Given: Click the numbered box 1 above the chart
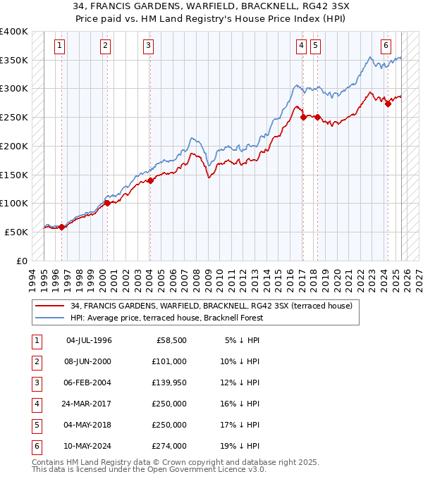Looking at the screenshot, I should click(59, 46).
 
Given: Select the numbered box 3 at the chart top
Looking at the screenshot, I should click(149, 46).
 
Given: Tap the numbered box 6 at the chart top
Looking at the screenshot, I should click(386, 46).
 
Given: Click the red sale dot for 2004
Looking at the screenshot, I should click(150, 180).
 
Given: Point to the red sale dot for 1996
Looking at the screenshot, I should click(61, 227).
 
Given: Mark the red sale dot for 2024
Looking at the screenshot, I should click(388, 104).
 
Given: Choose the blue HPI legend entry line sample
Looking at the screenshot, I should click(50, 318).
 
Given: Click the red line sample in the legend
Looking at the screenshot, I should click(50, 306).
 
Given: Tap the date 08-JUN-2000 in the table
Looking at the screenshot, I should click(88, 361).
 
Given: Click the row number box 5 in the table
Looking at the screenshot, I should click(37, 425).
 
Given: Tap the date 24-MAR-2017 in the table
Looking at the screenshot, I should click(88, 404).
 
